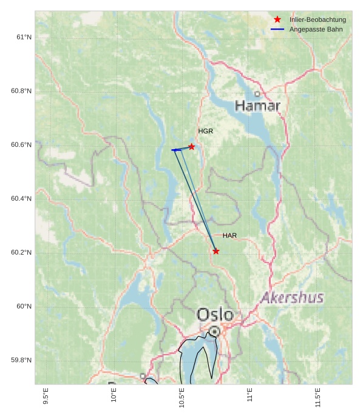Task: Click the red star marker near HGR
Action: (191, 147)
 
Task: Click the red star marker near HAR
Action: (216, 251)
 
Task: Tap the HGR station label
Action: (206, 131)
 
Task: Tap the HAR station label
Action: (229, 235)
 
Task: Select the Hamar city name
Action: (257, 106)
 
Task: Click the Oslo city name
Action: (215, 315)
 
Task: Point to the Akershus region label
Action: (292, 298)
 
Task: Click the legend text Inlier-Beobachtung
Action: (317, 19)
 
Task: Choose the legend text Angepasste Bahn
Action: (316, 29)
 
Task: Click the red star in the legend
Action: (277, 19)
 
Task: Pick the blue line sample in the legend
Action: (277, 29)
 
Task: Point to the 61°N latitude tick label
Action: (24, 37)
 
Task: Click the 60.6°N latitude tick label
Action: (21, 145)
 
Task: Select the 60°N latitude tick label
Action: (24, 306)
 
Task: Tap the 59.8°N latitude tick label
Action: (21, 360)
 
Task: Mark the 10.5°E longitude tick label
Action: (181, 398)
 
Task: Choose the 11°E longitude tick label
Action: (249, 395)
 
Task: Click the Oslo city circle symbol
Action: (214, 331)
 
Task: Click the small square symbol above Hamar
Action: (257, 94)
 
